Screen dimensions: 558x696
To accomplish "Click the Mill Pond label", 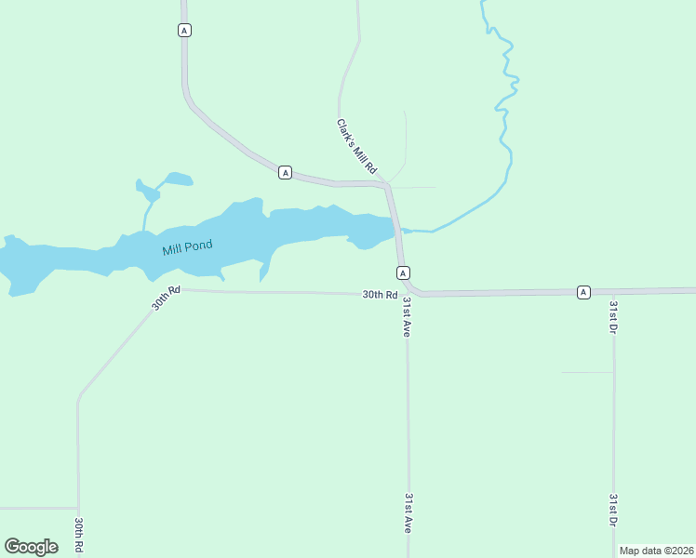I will click(x=187, y=247).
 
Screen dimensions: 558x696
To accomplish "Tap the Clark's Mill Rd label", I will click(x=356, y=146).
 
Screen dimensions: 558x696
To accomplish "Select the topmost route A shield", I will click(x=184, y=31).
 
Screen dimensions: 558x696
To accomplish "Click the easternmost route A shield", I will click(x=583, y=292).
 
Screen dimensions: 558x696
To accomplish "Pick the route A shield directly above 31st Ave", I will click(x=403, y=272).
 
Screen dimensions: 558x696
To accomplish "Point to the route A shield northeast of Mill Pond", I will click(x=285, y=172).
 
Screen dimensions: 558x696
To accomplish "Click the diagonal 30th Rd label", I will click(x=165, y=299).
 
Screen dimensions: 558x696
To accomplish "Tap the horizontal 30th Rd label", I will click(x=380, y=295).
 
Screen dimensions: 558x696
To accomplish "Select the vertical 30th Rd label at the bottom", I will click(x=80, y=536).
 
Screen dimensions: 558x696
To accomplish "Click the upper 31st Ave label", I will click(x=408, y=317).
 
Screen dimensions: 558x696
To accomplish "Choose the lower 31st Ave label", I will click(x=408, y=512).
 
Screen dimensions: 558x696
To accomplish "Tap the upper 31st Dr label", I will click(x=613, y=317).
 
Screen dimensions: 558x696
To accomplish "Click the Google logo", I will click(x=31, y=547).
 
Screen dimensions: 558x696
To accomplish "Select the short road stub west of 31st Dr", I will click(x=586, y=372).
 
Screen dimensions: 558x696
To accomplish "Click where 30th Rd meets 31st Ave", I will click(x=406, y=295).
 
